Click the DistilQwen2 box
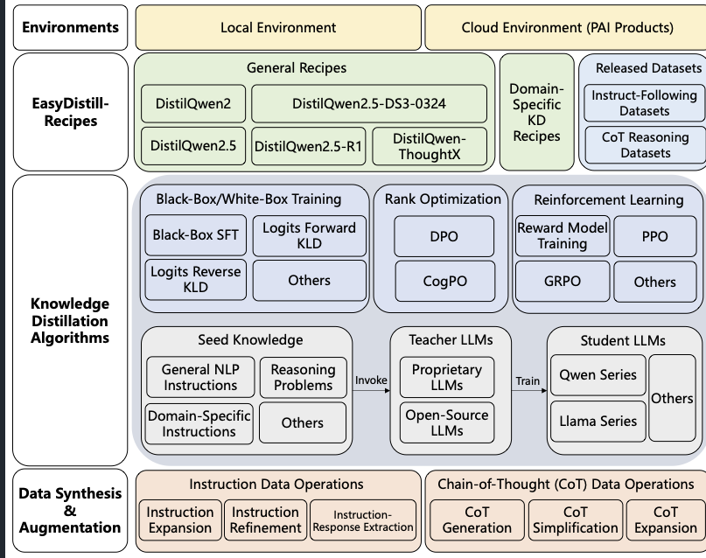pos(193,103)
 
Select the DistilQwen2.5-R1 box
pos(309,146)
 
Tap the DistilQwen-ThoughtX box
pos(430,146)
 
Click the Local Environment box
pos(278,27)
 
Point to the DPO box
pos(444,236)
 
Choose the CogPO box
pos(444,281)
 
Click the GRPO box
pos(563,282)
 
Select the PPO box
pos(654,236)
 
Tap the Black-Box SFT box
pos(195,235)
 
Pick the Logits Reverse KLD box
pos(195,280)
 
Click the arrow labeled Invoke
pos(372,390)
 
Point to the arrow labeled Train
pos(529,390)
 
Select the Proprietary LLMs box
pos(447,377)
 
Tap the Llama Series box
pos(598,422)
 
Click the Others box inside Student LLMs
pos(672,398)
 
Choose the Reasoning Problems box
pos(303,377)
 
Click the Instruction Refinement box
pos(265,520)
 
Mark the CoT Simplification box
pos(576,520)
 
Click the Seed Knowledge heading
pos(250,339)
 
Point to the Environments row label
pos(70,27)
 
